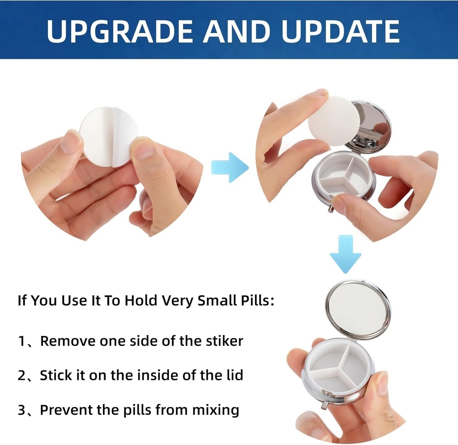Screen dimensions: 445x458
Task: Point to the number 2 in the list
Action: tap(22, 375)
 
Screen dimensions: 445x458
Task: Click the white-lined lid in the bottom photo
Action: tap(357, 309)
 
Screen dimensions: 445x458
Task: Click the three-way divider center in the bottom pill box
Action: tap(341, 364)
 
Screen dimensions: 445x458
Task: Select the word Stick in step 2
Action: tap(55, 375)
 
